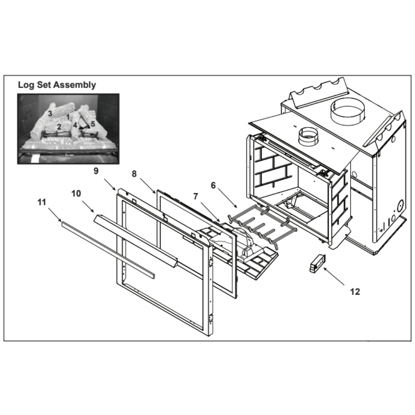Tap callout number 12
(355, 292)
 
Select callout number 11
(42, 202)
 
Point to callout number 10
(76, 194)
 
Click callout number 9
(96, 171)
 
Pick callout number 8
(134, 174)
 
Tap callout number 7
(195, 196)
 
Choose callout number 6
(213, 186)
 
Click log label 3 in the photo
(50, 114)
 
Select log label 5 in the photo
(93, 124)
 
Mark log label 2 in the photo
(59, 127)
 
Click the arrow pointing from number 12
(334, 276)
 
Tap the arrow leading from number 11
(55, 215)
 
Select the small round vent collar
(308, 136)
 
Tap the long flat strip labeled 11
(108, 250)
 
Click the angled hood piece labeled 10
(136, 241)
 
